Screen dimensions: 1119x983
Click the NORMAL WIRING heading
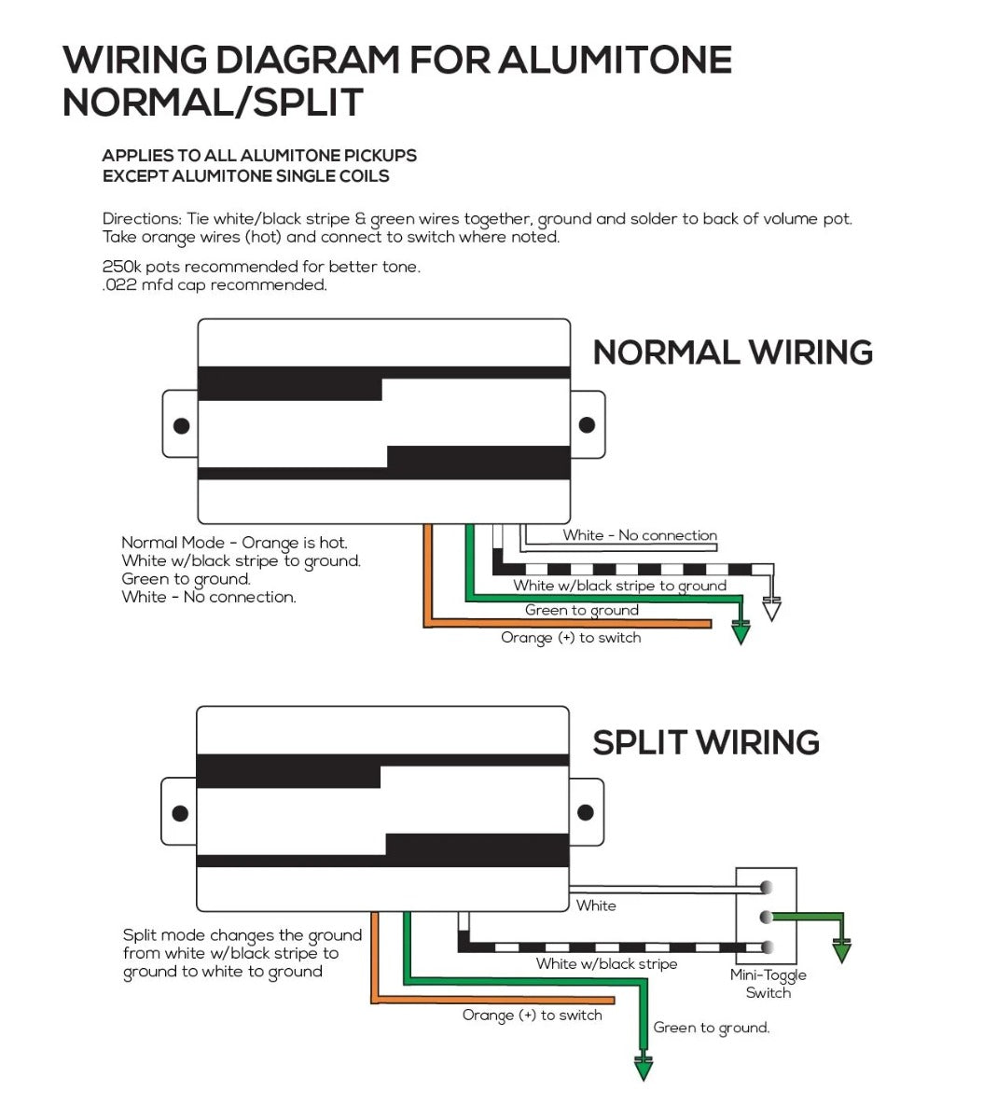[x=732, y=352]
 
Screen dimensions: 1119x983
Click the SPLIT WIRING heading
[x=705, y=742]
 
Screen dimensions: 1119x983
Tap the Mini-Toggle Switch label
[x=768, y=984]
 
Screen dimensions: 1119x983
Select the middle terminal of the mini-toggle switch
[x=768, y=917]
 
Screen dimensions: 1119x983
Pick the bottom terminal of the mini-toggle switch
[x=768, y=947]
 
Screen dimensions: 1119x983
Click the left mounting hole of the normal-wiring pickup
[x=181, y=425]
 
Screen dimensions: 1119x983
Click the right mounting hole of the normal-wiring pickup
[x=587, y=425]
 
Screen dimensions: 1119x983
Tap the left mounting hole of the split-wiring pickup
[x=180, y=813]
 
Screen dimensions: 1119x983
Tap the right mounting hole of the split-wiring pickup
[x=586, y=812]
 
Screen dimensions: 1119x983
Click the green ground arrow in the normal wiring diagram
[x=741, y=633]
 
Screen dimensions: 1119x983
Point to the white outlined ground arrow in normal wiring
[x=771, y=610]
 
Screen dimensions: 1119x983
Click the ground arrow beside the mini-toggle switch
[x=842, y=952]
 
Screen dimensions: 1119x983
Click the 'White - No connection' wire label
[x=639, y=535]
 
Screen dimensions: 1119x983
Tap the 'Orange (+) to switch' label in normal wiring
[x=571, y=638]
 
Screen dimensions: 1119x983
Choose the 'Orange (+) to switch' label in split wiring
[x=532, y=1015]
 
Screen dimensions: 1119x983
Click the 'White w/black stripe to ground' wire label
[x=619, y=586]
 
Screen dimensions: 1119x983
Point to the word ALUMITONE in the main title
[x=615, y=61]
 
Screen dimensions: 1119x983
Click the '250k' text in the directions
[x=121, y=267]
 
